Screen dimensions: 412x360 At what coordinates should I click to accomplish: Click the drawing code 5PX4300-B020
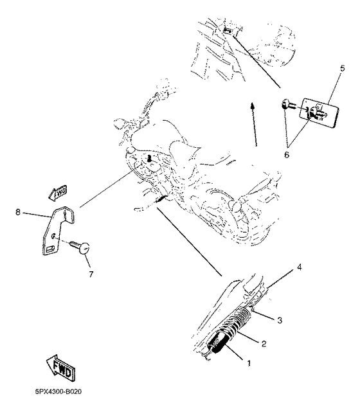click(54, 391)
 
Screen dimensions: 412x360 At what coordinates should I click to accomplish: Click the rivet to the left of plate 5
click(287, 104)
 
